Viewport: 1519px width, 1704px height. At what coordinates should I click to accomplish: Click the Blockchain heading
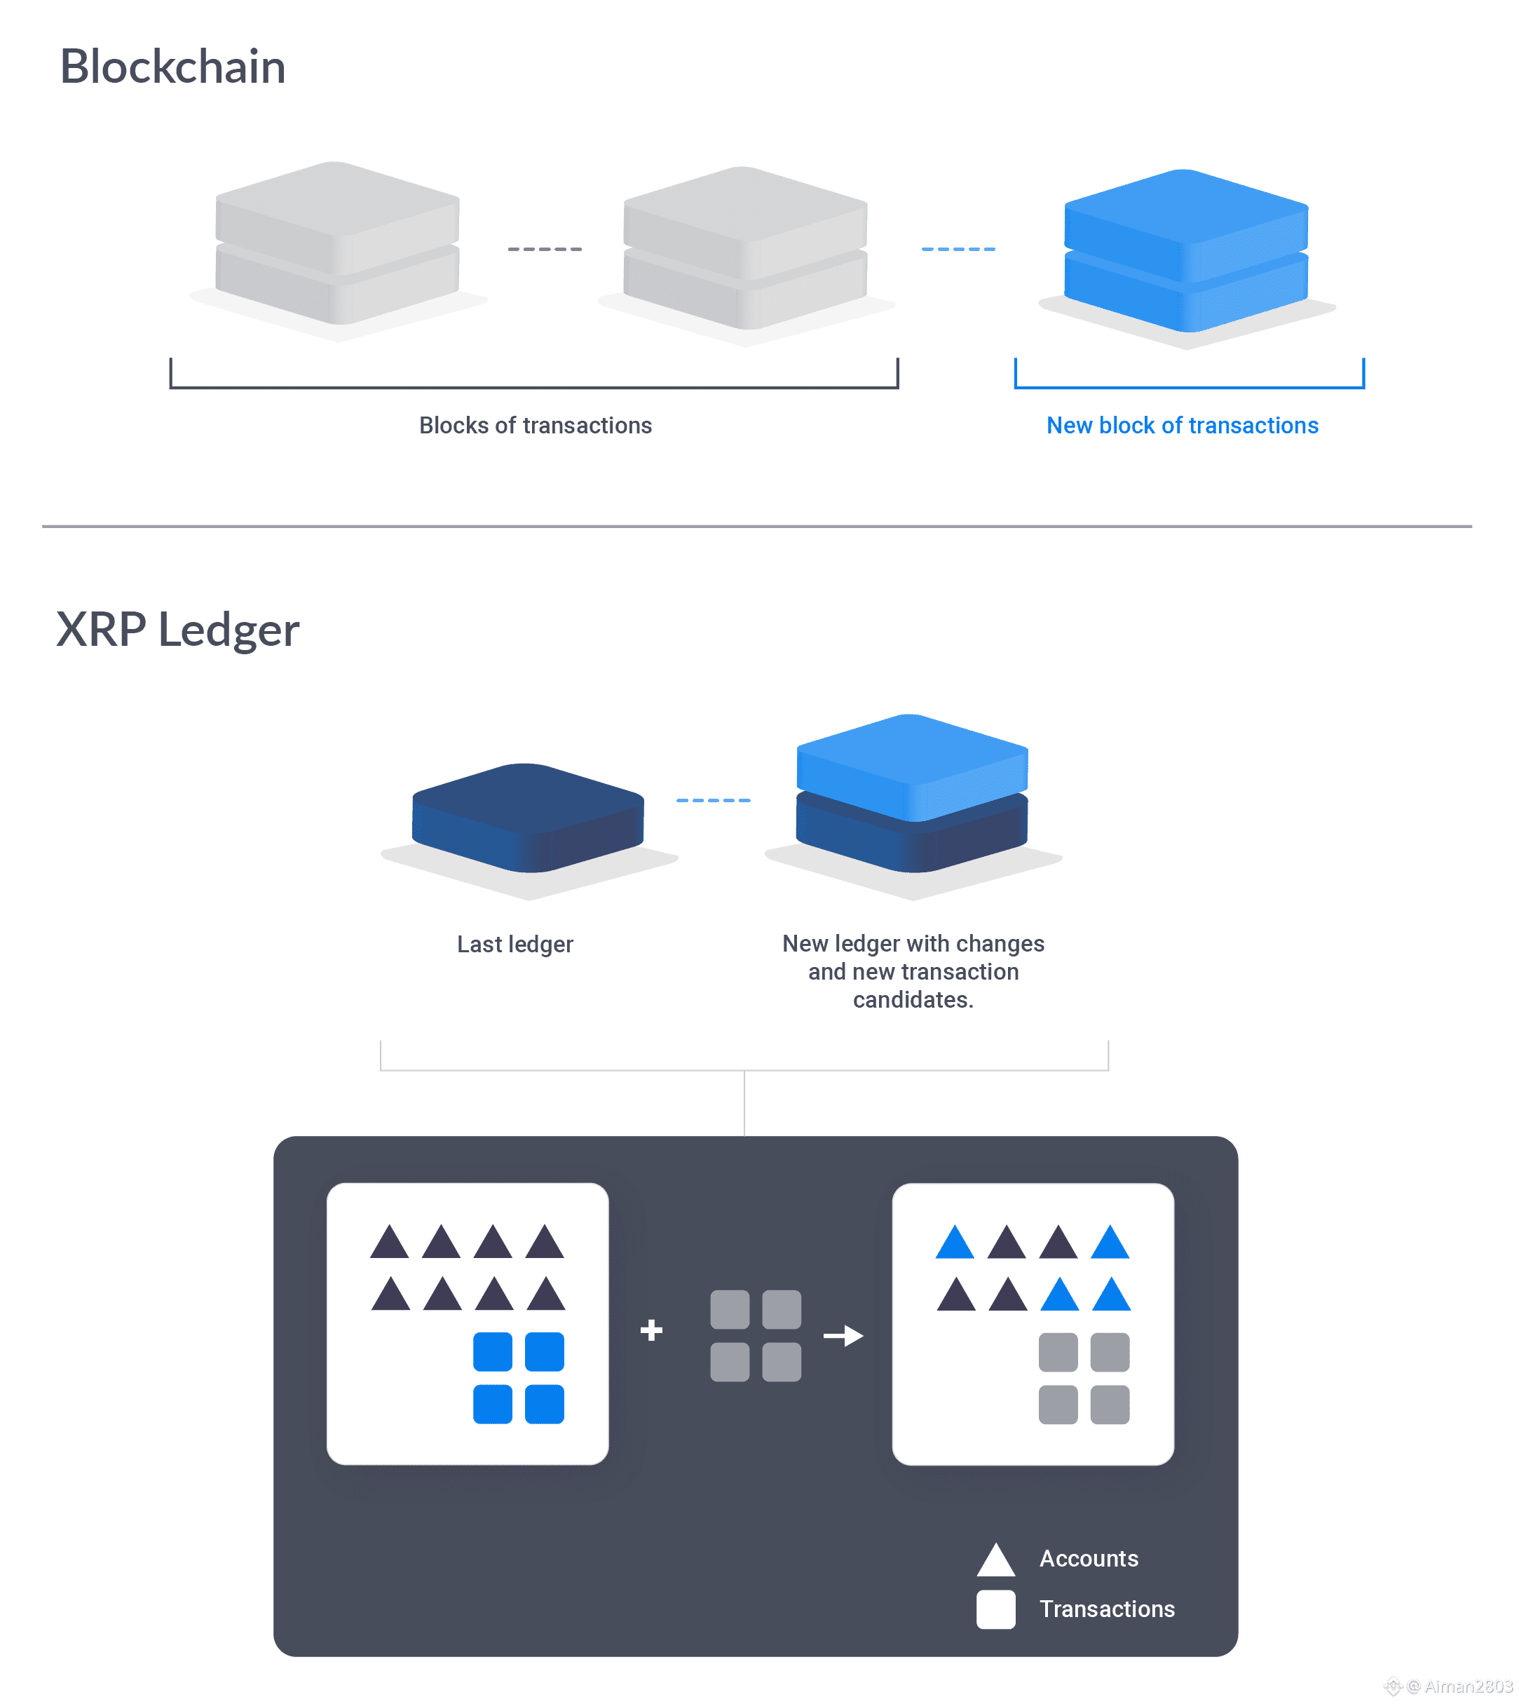click(172, 67)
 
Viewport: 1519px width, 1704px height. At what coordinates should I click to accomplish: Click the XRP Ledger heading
click(177, 630)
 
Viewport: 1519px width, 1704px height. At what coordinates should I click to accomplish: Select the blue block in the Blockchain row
click(1185, 250)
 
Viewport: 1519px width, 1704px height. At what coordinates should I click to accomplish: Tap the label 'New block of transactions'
click(1183, 426)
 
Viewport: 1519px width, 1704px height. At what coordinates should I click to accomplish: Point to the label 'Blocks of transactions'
click(535, 426)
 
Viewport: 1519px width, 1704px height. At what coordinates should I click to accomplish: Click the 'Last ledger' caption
click(515, 945)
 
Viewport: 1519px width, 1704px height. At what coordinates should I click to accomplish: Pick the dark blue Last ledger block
click(527, 818)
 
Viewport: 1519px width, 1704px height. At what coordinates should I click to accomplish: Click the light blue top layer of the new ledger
click(911, 764)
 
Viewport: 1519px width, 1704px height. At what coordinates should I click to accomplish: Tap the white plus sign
click(651, 1330)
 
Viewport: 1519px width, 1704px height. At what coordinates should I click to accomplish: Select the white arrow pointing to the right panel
click(843, 1336)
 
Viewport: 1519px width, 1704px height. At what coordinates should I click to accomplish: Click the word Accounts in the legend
click(1089, 1559)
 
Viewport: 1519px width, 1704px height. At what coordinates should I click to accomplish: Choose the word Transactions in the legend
click(1107, 1609)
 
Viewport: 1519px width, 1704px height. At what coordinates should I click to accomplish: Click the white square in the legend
click(995, 1609)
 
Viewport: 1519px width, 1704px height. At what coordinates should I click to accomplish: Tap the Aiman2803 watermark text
click(1467, 1686)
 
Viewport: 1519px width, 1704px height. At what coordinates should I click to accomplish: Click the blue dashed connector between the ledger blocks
click(714, 801)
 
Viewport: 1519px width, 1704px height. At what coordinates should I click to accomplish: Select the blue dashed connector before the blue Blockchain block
click(958, 250)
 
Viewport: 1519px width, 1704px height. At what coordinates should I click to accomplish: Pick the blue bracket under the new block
click(1188, 387)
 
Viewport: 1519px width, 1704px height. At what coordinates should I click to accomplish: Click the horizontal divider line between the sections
click(757, 526)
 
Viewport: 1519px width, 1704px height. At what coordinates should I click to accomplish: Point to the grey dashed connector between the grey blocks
click(545, 250)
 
